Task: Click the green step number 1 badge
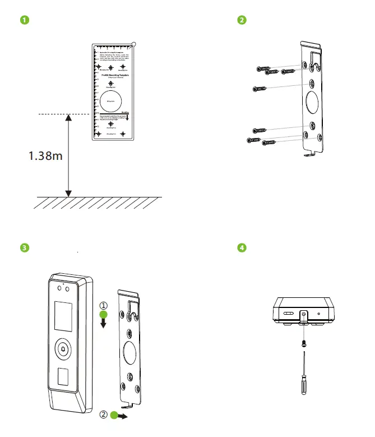tap(24, 21)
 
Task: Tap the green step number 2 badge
tap(242, 21)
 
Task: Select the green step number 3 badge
tap(24, 247)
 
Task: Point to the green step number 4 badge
tap(242, 247)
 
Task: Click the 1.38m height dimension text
tap(45, 156)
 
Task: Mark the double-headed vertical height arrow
tap(68, 155)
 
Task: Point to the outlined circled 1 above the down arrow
tap(103, 306)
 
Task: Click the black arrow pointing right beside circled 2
tap(123, 417)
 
